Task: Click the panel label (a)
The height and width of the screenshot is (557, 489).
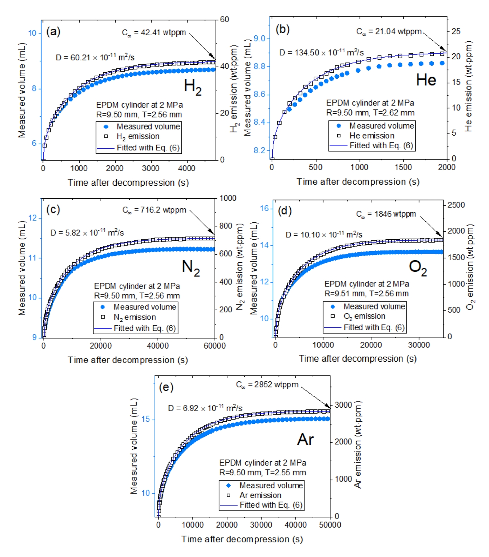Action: point(53,32)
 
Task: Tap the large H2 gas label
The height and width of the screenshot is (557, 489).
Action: point(193,87)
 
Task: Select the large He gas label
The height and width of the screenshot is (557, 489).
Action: point(426,80)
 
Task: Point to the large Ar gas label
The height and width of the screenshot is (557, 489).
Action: point(305,439)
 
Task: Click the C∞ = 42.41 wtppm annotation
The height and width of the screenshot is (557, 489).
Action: point(154,33)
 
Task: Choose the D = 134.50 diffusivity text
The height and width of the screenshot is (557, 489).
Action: point(321,53)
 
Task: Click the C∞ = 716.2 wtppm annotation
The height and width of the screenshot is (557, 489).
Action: point(154,210)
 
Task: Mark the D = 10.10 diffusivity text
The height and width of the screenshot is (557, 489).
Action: point(324,235)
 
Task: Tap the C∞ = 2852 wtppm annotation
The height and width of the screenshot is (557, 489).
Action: point(267,385)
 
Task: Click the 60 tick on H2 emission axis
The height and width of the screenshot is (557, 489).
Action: point(224,19)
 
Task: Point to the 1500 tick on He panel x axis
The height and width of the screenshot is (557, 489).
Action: point(403,167)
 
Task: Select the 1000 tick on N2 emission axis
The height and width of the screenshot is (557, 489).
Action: point(228,198)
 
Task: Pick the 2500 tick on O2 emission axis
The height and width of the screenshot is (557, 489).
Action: point(456,205)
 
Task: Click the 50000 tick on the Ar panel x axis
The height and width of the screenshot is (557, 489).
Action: point(330,525)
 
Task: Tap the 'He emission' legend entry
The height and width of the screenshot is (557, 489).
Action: point(372,136)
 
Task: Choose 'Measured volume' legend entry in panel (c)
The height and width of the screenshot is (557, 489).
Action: point(144,307)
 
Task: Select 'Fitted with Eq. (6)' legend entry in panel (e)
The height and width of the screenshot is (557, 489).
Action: point(271,505)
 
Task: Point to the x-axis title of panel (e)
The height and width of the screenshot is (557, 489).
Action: point(242,539)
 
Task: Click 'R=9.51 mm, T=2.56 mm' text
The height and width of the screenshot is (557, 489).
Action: point(366,293)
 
